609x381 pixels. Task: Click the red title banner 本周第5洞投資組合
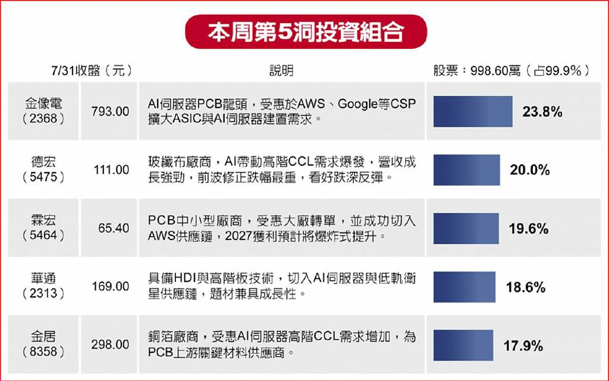(306, 32)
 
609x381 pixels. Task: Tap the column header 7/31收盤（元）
(92, 70)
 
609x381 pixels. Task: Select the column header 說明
(281, 70)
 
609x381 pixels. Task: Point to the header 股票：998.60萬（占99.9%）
(511, 70)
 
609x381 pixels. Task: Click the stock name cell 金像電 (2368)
(43, 111)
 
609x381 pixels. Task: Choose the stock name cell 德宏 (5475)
(43, 169)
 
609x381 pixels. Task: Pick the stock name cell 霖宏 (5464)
(43, 228)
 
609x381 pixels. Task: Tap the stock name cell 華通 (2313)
(43, 286)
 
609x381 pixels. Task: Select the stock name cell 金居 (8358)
(43, 344)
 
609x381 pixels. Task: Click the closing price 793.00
(110, 111)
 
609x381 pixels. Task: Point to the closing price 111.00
(111, 169)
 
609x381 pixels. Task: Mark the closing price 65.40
(114, 228)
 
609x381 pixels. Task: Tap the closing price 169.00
(110, 286)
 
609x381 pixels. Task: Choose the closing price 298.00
(110, 344)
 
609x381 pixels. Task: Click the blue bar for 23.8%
(473, 111)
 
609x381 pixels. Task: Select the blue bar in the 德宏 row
(466, 170)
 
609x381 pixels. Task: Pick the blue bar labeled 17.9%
(463, 345)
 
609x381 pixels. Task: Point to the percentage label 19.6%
(529, 228)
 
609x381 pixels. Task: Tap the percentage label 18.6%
(526, 287)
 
